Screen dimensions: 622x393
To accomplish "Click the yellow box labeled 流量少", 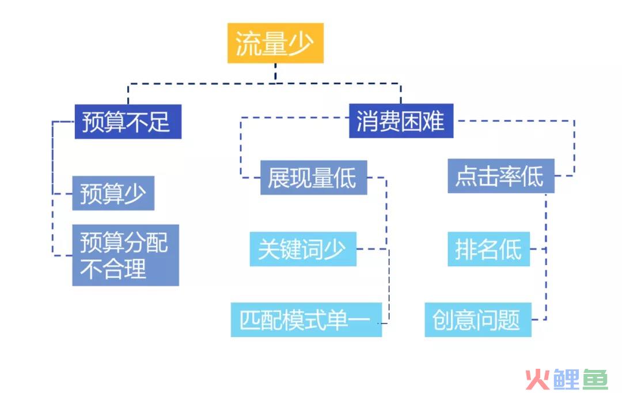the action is click(275, 43).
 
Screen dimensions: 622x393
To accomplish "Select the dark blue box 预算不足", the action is click(128, 122).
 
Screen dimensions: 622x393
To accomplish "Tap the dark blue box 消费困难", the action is click(401, 120).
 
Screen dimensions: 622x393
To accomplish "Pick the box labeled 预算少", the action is click(113, 193).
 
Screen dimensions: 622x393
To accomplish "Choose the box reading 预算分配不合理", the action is click(126, 255).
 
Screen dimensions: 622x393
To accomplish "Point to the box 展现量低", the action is click(313, 177).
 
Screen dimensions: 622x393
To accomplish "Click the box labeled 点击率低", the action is click(501, 176).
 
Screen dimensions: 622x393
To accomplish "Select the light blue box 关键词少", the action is click(303, 249).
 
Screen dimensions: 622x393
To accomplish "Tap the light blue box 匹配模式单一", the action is click(306, 320).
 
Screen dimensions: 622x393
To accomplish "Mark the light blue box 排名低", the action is click(489, 249).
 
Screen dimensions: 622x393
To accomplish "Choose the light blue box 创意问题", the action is click(478, 320).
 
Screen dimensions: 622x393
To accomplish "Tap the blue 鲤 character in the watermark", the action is click(567, 379).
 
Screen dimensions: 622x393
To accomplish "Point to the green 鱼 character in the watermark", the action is click(595, 379).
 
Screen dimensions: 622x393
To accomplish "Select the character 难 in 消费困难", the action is click(433, 120).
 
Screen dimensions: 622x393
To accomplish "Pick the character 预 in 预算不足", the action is click(93, 122).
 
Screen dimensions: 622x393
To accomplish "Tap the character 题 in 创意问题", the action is click(509, 320).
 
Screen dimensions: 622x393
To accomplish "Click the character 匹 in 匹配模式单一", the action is click(251, 320).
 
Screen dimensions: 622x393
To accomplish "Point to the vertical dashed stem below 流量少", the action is click(275, 73).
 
